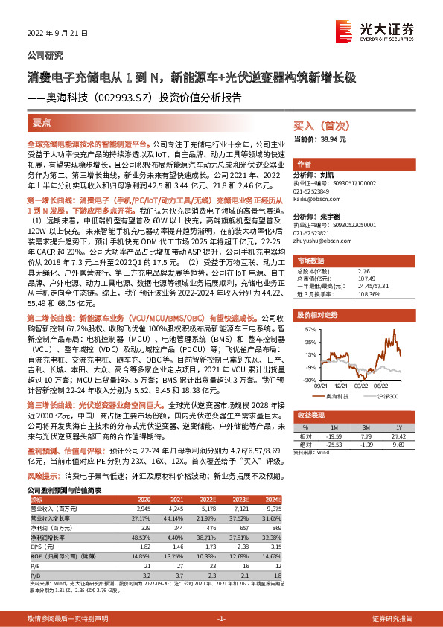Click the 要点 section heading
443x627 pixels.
pyautogui.click(x=41, y=124)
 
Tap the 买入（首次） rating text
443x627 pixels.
pyautogui.click(x=316, y=126)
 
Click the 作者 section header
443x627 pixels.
pyautogui.click(x=304, y=165)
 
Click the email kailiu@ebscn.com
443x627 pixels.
pyautogui.click(x=316, y=200)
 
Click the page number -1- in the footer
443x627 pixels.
pyautogui.click(x=220, y=619)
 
